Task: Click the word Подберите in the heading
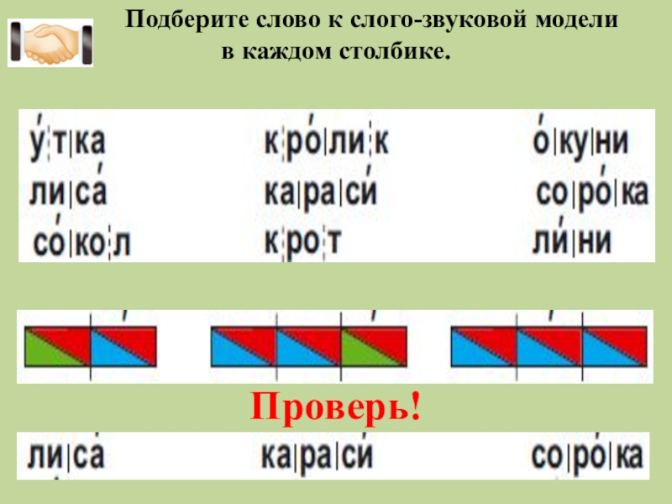[x=176, y=20]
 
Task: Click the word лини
[x=572, y=242]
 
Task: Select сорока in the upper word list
[x=591, y=194]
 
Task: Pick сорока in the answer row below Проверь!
[x=587, y=456]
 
